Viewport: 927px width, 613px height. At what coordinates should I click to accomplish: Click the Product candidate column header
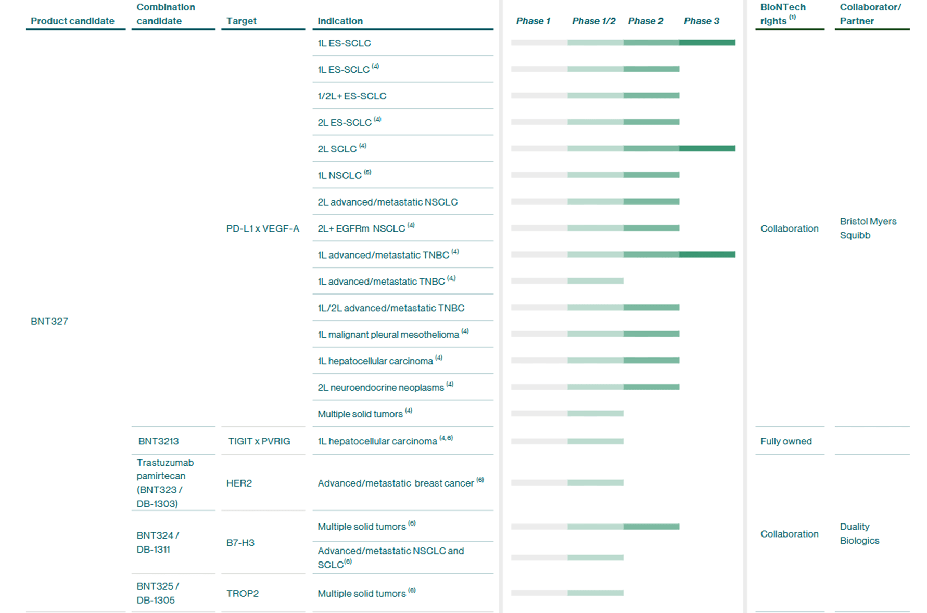click(72, 21)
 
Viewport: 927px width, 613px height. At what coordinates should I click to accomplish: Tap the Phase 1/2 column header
click(593, 21)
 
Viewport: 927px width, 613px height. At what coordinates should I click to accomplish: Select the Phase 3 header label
click(701, 21)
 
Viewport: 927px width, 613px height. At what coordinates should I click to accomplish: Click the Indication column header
click(340, 21)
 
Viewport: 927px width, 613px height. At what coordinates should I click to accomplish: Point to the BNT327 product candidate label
click(49, 321)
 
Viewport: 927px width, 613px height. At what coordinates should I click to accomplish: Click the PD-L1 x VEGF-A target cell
click(262, 228)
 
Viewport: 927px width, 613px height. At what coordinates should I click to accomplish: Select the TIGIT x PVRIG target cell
click(259, 441)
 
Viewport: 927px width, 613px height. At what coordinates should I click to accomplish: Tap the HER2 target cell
click(239, 483)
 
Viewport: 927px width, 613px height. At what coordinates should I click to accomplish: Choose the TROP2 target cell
click(243, 593)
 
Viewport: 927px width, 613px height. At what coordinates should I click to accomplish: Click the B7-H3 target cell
click(240, 543)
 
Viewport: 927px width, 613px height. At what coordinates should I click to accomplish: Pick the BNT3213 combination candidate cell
click(158, 441)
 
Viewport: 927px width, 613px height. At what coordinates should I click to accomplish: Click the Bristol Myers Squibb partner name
click(868, 228)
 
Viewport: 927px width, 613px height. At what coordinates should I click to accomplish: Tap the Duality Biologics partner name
click(859, 533)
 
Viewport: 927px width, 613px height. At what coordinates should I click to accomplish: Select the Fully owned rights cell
click(786, 441)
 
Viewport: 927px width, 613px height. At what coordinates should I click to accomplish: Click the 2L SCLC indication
click(337, 149)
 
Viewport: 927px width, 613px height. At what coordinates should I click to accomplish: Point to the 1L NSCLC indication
click(340, 175)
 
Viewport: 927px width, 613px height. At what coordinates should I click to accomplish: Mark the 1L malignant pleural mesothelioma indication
click(388, 335)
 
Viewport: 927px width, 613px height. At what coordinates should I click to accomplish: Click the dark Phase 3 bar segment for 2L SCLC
click(707, 148)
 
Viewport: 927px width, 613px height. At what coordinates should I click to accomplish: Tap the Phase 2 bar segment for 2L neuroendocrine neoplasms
click(651, 387)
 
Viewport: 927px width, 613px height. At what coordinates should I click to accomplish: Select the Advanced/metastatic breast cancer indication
click(396, 483)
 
